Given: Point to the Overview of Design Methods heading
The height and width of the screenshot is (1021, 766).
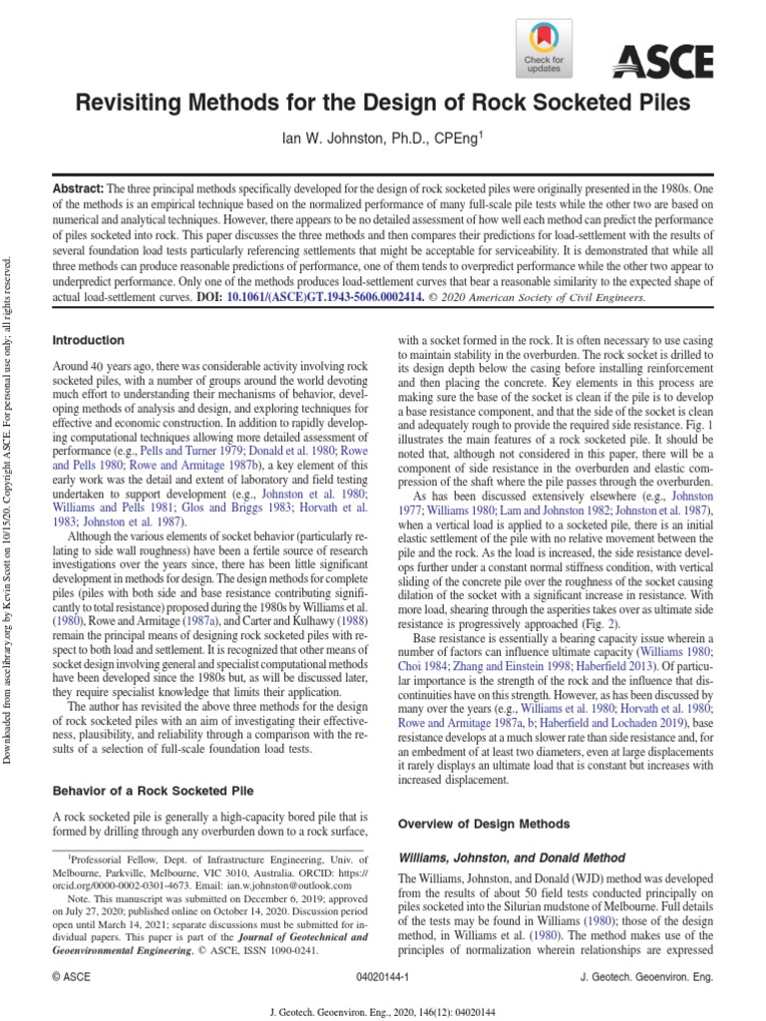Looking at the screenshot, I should click(x=484, y=824).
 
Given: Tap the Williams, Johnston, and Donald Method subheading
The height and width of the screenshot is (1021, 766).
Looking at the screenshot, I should click(x=512, y=856).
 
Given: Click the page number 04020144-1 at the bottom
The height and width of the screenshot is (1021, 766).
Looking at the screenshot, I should click(x=382, y=979).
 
